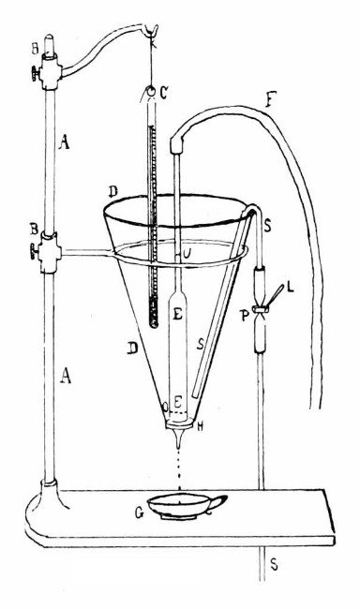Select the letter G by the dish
138,512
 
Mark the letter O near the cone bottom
166,407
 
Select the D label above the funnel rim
112,192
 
